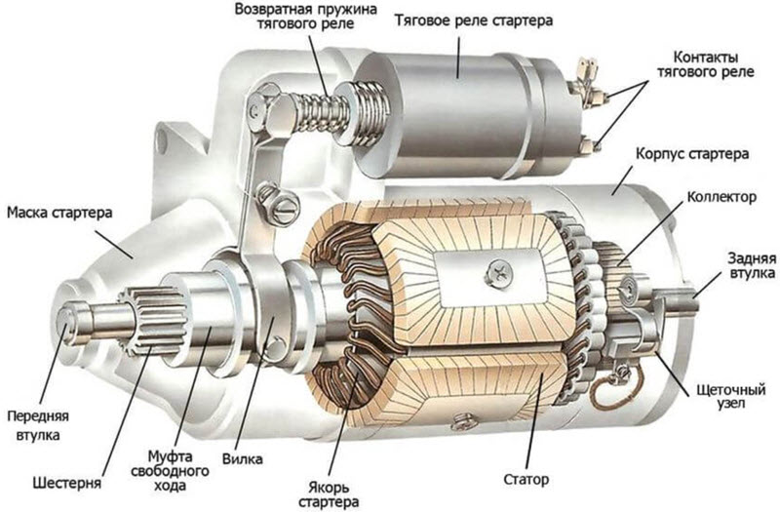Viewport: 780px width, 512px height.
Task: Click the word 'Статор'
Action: [x=527, y=479]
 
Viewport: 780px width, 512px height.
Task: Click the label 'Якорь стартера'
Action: [x=331, y=492]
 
